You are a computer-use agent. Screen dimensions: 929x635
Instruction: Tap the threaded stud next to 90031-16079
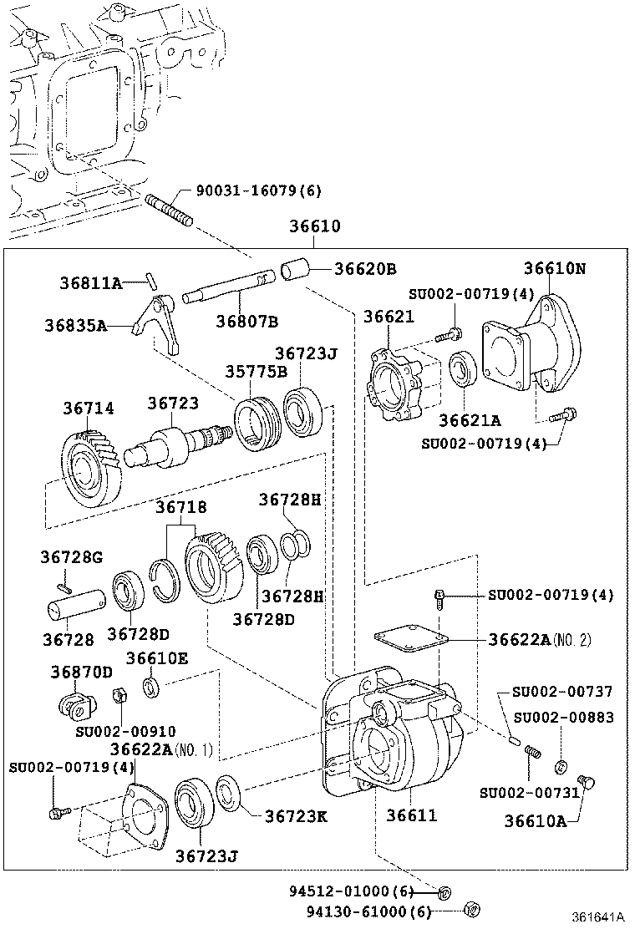[x=170, y=211]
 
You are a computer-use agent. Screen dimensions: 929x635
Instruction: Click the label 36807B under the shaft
[x=246, y=321]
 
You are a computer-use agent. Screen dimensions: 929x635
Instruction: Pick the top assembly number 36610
[x=315, y=226]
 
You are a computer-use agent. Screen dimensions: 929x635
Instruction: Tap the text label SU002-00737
[x=562, y=692]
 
